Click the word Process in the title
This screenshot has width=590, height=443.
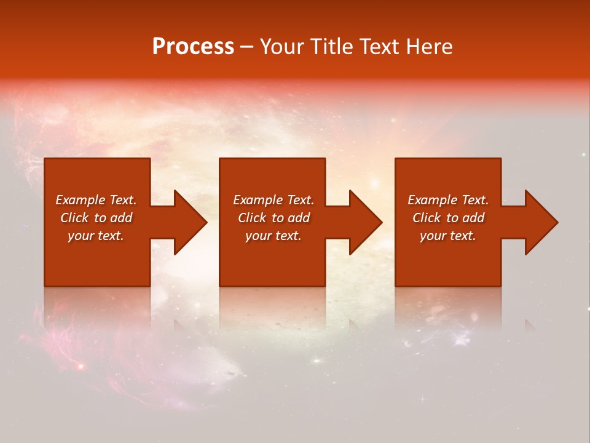193,47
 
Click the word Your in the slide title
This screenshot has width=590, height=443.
284,47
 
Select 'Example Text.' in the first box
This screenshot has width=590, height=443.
96,200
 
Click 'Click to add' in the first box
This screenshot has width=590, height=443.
96,218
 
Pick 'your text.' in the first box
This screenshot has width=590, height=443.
96,236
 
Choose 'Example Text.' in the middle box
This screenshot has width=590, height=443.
273,200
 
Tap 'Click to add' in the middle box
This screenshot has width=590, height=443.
273,218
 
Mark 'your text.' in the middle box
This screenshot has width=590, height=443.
273,236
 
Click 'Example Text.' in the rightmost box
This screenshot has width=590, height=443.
448,200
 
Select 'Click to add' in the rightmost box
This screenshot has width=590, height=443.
448,218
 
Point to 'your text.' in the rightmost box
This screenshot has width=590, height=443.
448,236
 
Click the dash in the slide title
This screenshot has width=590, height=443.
246,47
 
